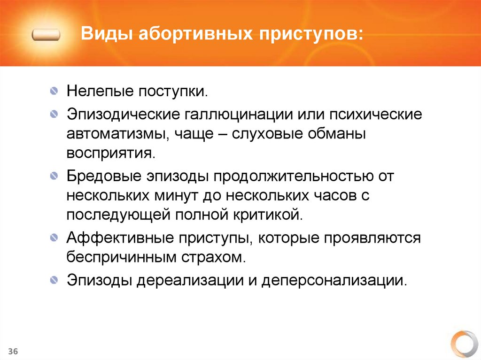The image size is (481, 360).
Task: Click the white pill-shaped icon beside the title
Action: [x=46, y=35]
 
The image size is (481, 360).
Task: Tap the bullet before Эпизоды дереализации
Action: [x=55, y=281]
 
